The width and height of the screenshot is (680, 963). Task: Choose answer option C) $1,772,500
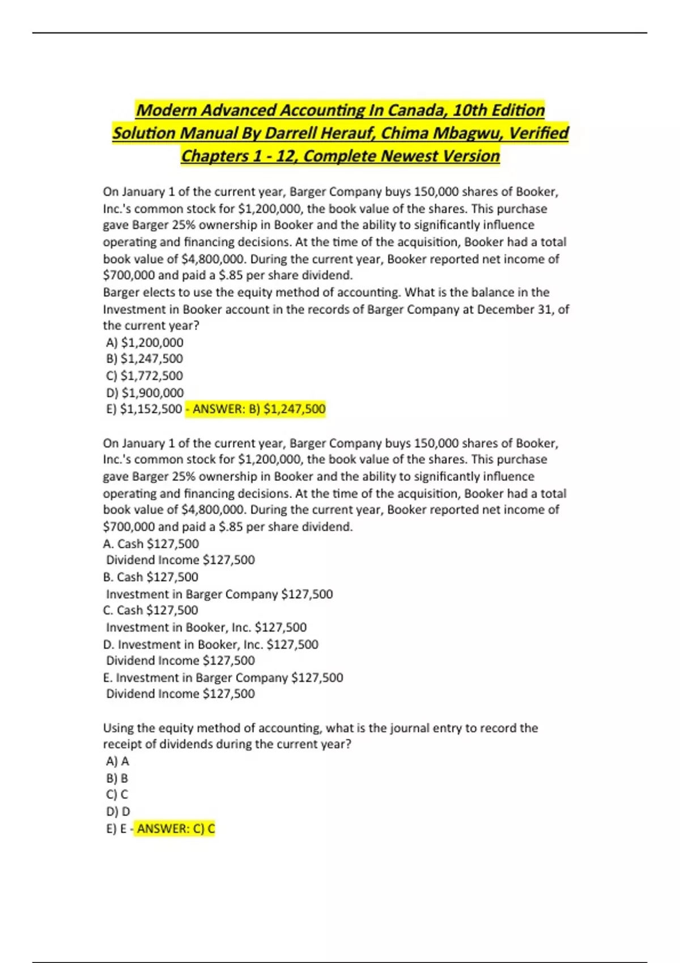click(x=144, y=376)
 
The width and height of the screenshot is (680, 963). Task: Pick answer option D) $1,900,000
click(x=144, y=393)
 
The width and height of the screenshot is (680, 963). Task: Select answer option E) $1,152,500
click(x=144, y=409)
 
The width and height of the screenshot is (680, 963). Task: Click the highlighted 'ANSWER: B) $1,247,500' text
click(x=259, y=409)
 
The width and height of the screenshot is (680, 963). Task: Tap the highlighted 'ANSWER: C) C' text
click(x=176, y=829)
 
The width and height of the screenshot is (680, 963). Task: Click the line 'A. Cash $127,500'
click(x=151, y=544)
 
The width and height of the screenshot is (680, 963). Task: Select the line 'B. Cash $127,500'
click(x=151, y=577)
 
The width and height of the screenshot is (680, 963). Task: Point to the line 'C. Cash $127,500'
click(x=151, y=610)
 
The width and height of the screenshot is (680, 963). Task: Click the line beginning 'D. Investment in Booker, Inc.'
click(x=211, y=645)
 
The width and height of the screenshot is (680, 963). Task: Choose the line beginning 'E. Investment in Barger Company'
click(x=223, y=677)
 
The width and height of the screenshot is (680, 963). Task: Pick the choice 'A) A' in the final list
click(x=117, y=761)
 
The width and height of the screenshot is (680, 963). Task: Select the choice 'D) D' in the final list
click(x=118, y=812)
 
